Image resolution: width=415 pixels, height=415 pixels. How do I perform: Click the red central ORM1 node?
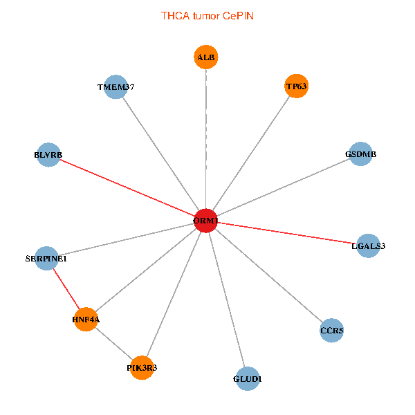pos(206,221)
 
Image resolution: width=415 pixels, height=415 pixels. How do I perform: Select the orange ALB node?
pos(206,57)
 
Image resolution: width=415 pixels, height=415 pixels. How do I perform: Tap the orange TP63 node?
pos(296,86)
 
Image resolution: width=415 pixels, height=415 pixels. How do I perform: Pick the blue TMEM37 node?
pos(116,87)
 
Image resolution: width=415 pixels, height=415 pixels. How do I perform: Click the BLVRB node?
pos(48,155)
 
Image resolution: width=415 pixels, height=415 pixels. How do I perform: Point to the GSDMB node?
pos(360,154)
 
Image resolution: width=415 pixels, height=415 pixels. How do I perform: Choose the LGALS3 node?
pos(368,246)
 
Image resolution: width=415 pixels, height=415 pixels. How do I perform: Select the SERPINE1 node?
pos(46,259)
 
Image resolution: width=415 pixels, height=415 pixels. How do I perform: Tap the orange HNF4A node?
pos(86,320)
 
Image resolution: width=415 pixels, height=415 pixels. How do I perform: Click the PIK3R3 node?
pos(142,368)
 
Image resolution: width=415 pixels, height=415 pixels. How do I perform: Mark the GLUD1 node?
pos(248,378)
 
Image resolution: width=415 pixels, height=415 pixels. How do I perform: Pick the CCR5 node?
pos(331,331)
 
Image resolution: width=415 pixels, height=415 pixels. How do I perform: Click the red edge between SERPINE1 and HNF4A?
pos(66,289)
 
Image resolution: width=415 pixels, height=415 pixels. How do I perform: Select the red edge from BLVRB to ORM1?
pos(127,187)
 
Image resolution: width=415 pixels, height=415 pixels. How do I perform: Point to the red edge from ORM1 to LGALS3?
pos(287,233)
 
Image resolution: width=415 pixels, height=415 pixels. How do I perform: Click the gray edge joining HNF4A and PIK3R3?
pos(113,344)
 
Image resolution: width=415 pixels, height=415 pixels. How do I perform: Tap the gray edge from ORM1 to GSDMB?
pos(284,187)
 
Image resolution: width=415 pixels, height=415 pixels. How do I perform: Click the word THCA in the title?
pos(174,15)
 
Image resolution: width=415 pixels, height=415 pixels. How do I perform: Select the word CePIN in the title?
pos(238,15)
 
